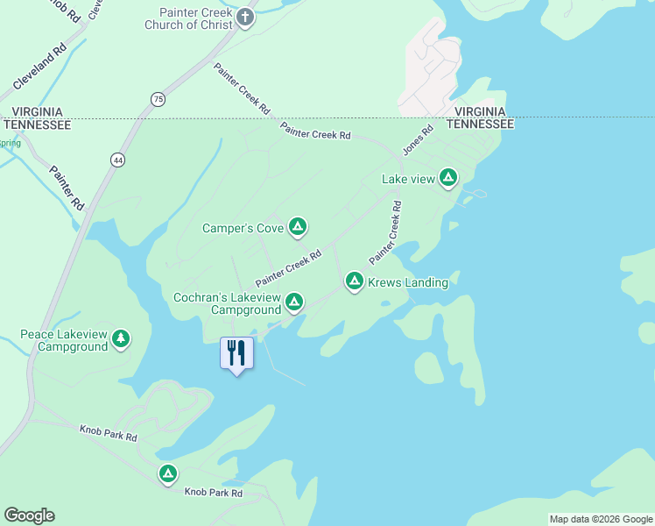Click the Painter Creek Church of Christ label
tap(189, 18)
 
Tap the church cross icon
tap(245, 17)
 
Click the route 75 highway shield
tap(157, 99)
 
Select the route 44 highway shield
tap(118, 160)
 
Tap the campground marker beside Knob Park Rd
tap(168, 474)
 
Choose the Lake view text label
tap(408, 179)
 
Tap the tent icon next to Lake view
tap(448, 178)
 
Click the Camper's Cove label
tap(243, 228)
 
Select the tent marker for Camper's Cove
tap(298, 228)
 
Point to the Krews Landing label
tap(407, 282)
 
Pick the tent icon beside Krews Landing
tap(355, 281)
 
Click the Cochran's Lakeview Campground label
tap(227, 303)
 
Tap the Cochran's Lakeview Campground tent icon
tap(294, 303)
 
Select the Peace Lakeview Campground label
tap(64, 340)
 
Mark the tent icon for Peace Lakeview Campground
tap(121, 339)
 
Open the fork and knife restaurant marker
tap(236, 353)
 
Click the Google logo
tap(29, 515)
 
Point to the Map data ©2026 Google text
tap(600, 519)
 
